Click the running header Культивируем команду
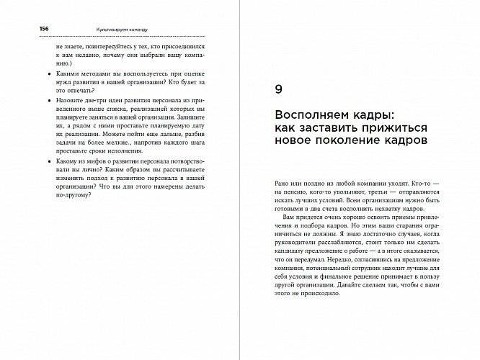(122, 29)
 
